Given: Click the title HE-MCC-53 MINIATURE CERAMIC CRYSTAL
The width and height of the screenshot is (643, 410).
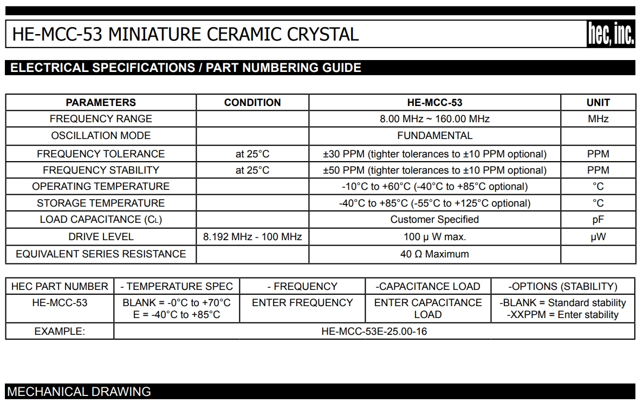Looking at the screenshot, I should (185, 35).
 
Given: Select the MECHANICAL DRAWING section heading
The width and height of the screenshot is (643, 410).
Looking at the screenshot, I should (79, 392).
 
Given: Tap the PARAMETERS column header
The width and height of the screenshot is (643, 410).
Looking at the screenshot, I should (101, 102).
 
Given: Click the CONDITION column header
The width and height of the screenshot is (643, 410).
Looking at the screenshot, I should (252, 102).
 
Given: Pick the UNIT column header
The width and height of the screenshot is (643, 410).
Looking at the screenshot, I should (598, 102).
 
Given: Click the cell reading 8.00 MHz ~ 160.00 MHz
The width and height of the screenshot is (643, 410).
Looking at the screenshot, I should (434, 119).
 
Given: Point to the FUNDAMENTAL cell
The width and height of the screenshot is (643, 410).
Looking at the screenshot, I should (434, 136).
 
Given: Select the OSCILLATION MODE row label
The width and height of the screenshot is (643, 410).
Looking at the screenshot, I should (101, 136).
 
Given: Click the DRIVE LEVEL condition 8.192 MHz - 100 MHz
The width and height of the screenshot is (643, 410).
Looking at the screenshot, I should (252, 237).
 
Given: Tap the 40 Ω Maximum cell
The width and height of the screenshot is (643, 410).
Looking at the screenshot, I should (434, 254).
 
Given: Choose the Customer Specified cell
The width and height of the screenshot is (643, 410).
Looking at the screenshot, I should (434, 220).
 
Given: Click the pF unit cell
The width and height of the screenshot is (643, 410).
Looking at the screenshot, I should (598, 220).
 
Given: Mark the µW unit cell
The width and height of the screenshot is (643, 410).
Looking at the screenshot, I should (598, 237).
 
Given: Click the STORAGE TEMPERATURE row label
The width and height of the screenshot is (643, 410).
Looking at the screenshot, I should (101, 203).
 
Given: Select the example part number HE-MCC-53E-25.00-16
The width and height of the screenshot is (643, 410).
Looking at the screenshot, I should (374, 331).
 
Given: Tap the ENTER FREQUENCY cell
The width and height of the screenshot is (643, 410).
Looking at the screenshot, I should (302, 303).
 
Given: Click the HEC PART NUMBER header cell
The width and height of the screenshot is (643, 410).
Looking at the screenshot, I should (60, 287).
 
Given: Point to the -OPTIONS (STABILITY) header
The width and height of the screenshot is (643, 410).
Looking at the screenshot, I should (562, 287).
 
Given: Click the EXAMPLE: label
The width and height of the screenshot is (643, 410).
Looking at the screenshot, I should (60, 331).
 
